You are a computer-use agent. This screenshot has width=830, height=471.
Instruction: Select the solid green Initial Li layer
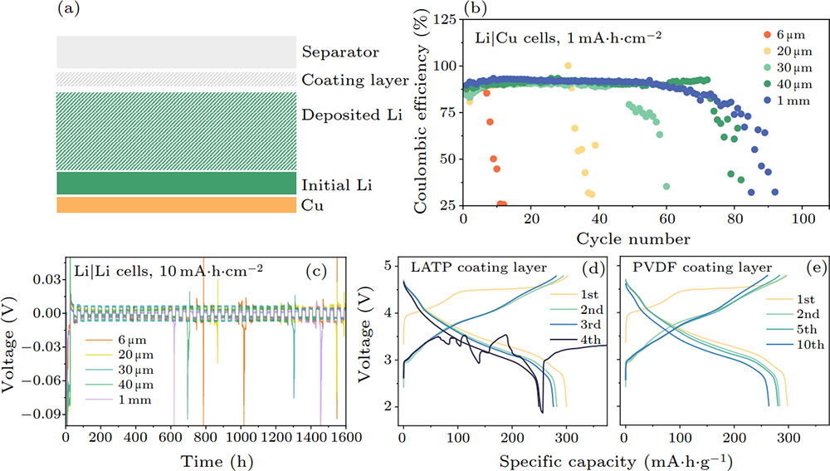click(177, 184)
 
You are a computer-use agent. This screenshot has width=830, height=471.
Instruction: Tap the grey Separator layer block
click(177, 52)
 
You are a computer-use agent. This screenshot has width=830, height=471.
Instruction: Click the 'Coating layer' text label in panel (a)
click(355, 81)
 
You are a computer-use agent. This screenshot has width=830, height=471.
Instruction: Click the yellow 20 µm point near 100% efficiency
click(568, 66)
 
